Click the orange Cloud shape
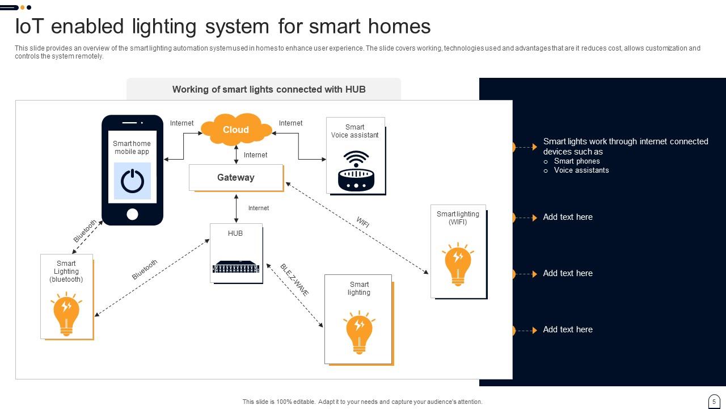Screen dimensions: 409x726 coord(236,130)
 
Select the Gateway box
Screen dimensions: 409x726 coord(236,178)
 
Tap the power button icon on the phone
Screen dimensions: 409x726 coord(132,181)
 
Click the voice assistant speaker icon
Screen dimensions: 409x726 coord(356,171)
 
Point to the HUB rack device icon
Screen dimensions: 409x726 coord(236,266)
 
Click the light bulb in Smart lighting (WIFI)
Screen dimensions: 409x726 coord(458,264)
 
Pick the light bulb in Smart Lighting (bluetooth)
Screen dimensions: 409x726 coord(66,314)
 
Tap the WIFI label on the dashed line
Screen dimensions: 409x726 coord(363,222)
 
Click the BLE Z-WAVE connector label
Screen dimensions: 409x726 coord(294,279)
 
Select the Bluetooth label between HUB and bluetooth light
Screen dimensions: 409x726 coord(145,269)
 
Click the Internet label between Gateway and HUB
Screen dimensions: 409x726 coord(259,208)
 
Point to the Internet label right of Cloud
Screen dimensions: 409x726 coord(290,123)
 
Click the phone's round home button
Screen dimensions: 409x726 coord(132,214)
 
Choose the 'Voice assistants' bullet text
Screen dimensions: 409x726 coord(581,170)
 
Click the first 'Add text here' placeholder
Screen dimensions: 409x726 coord(568,217)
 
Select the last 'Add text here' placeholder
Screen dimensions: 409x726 coord(568,329)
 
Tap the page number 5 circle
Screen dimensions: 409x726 coord(714,401)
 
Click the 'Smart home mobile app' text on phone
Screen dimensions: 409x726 coord(132,148)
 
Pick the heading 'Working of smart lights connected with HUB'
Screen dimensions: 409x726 coord(269,89)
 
